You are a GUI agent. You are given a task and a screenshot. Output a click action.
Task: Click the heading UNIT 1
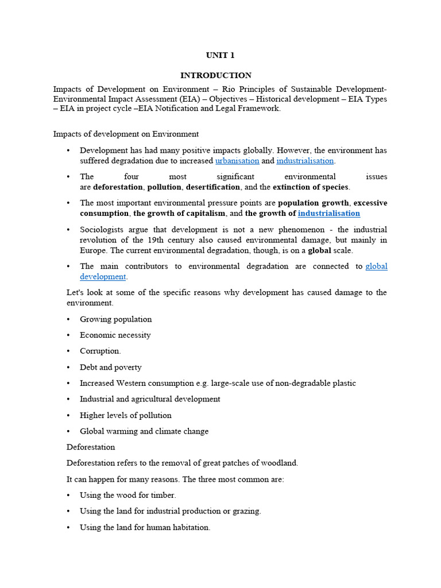220,56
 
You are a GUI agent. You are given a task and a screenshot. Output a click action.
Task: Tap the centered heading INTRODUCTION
216,75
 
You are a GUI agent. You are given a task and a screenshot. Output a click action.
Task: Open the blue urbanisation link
237,161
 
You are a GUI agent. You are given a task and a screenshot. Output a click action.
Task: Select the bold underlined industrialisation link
328,213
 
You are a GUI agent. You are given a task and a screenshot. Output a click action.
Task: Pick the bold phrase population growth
314,203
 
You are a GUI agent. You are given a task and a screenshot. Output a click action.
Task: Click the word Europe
92,250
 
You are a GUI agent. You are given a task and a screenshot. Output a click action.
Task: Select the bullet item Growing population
116,319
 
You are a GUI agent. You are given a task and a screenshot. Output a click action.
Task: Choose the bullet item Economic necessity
115,335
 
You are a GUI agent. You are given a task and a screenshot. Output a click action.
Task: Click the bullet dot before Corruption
69,351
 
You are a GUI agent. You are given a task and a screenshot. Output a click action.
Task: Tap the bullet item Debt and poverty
111,367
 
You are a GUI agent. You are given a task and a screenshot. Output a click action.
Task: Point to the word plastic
343,383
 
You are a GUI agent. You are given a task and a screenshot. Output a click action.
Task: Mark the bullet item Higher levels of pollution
126,415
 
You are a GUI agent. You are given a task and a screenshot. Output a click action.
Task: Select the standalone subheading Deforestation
91,447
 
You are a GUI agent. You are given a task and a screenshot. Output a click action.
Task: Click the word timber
163,495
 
